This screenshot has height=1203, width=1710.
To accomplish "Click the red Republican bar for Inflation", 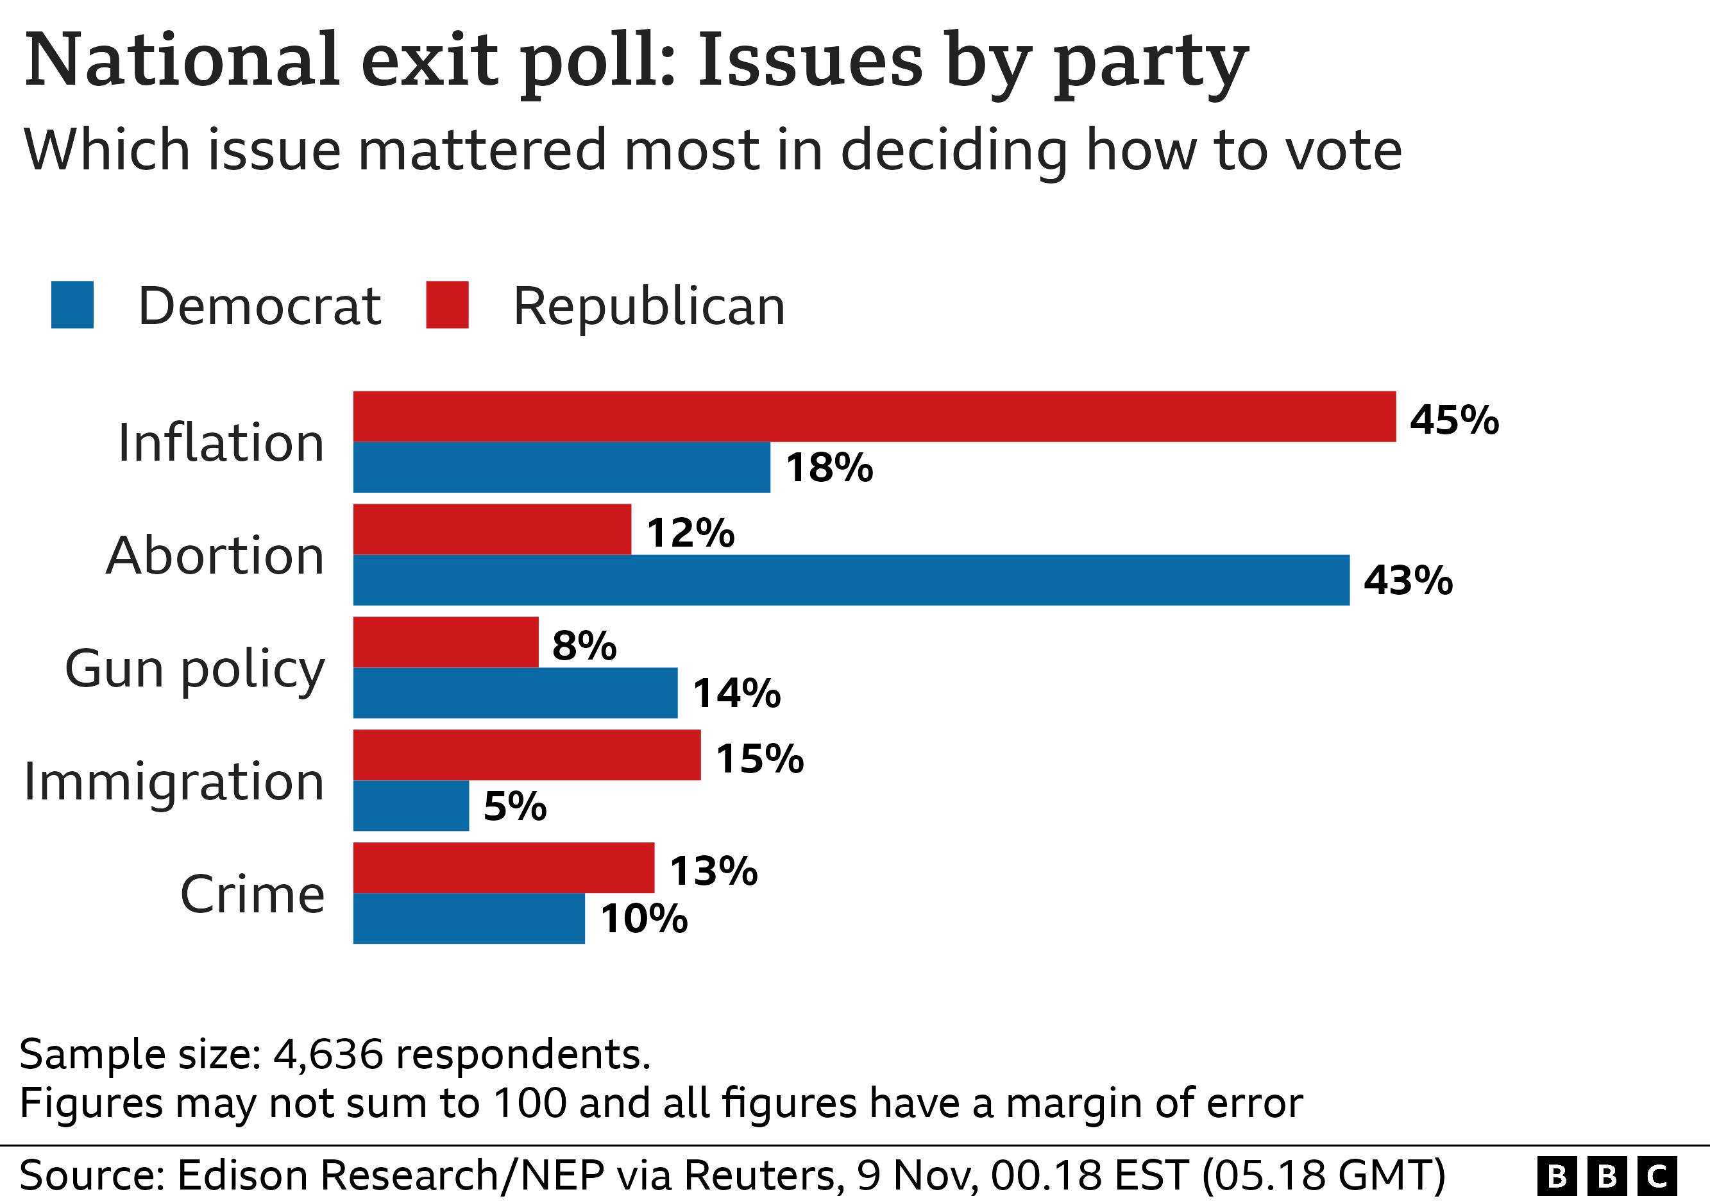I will (874, 416).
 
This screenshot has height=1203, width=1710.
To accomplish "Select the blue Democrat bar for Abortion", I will (851, 579).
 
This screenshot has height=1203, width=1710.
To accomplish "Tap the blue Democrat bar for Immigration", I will (411, 805).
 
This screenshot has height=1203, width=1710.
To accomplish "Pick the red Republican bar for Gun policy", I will (445, 642).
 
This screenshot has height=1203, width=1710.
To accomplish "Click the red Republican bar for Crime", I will (504, 868).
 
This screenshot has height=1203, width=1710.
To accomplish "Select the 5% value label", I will (514, 806).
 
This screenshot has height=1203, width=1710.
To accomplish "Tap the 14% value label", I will (736, 694).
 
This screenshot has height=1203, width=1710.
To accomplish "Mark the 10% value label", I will (643, 919).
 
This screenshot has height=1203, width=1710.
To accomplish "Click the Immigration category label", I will (174, 781).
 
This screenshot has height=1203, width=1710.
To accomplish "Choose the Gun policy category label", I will (195, 669).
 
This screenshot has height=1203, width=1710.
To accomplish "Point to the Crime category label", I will (253, 894).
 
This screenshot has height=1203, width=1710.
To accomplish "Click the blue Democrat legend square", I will (72, 305).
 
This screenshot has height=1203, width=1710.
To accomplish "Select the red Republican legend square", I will (447, 305).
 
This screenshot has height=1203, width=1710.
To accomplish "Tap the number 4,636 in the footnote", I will (328, 1054).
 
